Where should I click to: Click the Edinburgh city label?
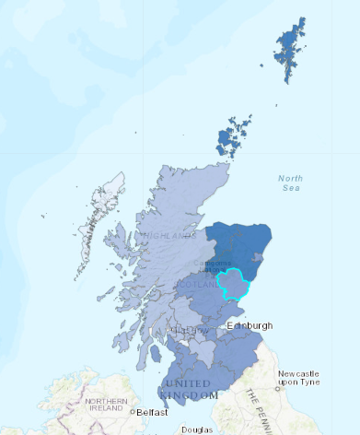[250, 326]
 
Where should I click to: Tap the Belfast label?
[152, 413]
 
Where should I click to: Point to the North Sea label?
[291, 182]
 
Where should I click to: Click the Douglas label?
[196, 429]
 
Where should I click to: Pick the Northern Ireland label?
[107, 406]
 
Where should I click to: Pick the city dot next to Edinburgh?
[226, 326]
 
